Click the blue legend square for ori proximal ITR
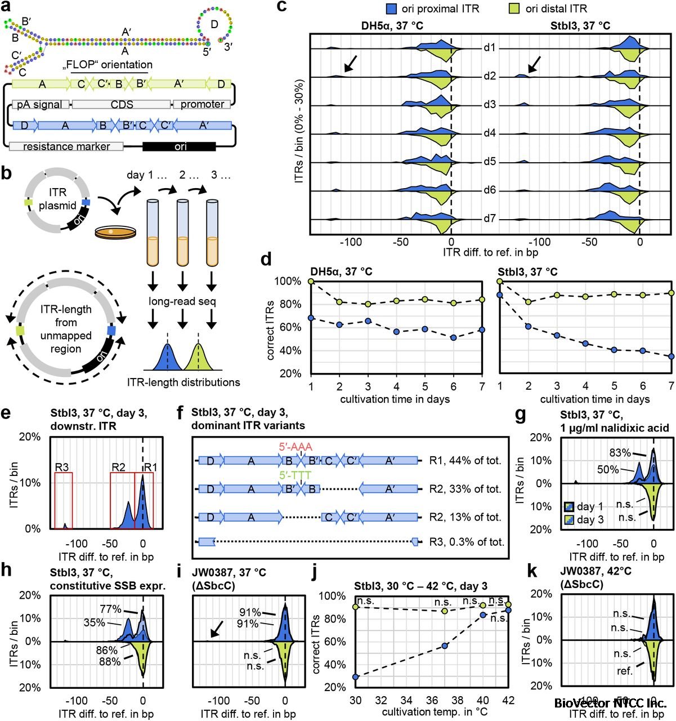pos(392,8)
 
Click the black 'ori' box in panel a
pos(180,146)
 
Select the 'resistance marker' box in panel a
pos(67,146)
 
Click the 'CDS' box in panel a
pos(122,104)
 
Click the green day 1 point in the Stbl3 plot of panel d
pos(500,281)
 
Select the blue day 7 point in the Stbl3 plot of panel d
pos(671,356)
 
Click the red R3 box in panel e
pos(64,500)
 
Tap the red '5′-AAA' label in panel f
pos(294,446)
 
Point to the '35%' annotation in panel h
pos(94,623)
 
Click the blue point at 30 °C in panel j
pos(356,677)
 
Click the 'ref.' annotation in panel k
pos(624,671)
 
